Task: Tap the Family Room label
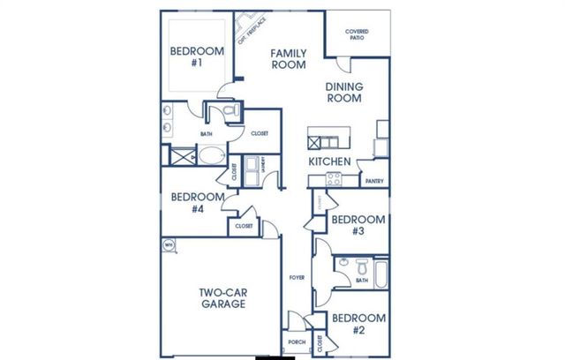point(288,58)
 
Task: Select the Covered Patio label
point(358,34)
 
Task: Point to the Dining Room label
point(344,93)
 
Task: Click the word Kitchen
point(330,162)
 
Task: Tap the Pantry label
point(373,181)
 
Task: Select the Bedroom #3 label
point(358,225)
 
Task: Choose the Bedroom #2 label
point(358,323)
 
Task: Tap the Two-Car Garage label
point(221,298)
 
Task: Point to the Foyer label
point(297,278)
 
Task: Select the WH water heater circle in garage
point(168,244)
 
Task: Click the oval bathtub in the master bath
point(210,157)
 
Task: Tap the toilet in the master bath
point(227,110)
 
